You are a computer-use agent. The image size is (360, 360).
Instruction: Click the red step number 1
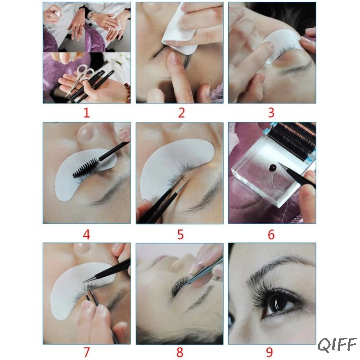[x=86, y=113]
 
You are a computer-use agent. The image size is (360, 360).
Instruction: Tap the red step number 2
[x=181, y=113]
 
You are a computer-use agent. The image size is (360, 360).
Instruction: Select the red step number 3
[x=271, y=113]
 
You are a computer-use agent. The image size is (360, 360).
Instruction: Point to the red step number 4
[x=86, y=234]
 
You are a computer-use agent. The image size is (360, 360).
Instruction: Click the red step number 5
[x=180, y=234]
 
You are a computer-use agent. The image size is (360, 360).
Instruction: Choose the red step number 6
[x=271, y=234]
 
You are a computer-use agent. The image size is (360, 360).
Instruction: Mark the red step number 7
[x=86, y=352]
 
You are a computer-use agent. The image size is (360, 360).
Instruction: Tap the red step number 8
[x=180, y=352]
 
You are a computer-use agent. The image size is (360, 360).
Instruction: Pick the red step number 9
[x=270, y=352]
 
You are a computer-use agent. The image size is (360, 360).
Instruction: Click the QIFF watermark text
[x=337, y=345]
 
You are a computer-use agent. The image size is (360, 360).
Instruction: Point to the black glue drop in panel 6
[x=273, y=167]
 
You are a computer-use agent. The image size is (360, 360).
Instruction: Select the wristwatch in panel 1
[x=91, y=15]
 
